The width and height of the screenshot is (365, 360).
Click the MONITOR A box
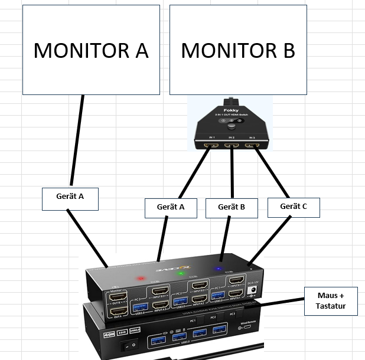click(91, 50)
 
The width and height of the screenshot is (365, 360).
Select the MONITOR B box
click(238, 50)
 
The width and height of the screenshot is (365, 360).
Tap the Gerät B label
click(232, 207)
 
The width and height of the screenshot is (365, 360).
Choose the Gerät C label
click(294, 207)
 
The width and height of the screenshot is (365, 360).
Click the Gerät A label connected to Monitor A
click(70, 199)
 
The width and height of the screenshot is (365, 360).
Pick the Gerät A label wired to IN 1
click(171, 207)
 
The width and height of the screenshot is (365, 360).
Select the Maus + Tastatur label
click(331, 301)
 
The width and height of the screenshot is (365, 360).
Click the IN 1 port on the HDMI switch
click(210, 145)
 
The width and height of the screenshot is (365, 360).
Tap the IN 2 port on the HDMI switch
click(232, 145)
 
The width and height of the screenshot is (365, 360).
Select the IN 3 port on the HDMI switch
click(253, 145)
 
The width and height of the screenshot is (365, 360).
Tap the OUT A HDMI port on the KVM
click(118, 312)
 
